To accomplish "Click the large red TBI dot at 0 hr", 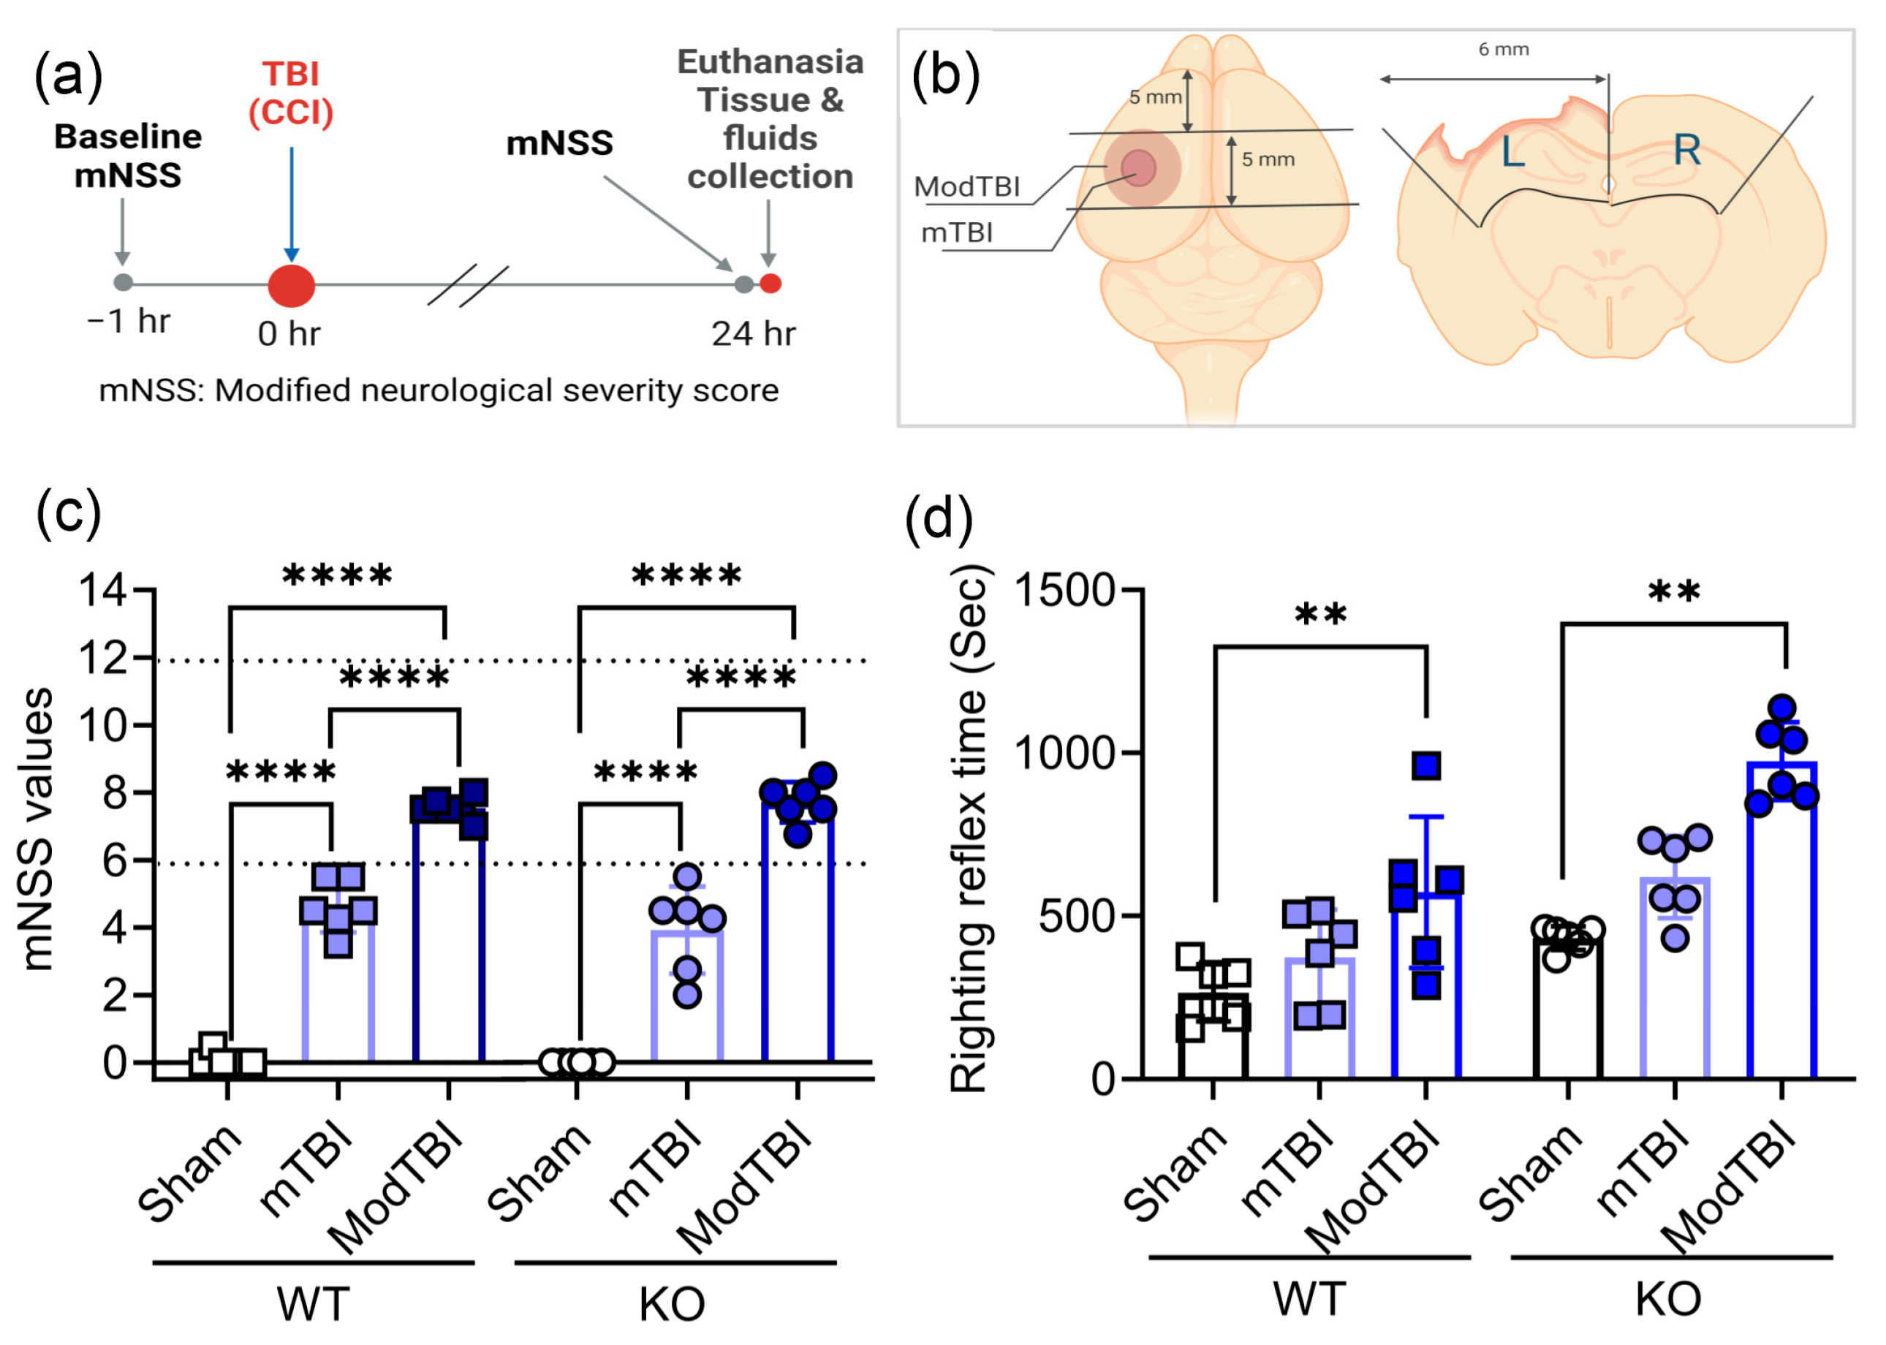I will (x=292, y=285).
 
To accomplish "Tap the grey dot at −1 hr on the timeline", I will (x=124, y=282).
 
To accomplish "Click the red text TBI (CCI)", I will (x=291, y=93).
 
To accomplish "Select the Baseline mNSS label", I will (x=129, y=156).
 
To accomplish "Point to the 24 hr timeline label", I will (x=753, y=334).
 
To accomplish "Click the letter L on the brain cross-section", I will (x=1512, y=152).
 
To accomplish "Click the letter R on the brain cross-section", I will (x=1687, y=150).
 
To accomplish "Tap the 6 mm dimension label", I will (x=1504, y=50).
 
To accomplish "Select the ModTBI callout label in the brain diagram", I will (x=966, y=187).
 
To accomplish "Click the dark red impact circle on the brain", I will (x=1138, y=167).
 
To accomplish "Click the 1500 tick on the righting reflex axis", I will (x=1065, y=591).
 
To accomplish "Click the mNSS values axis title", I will (x=38, y=828).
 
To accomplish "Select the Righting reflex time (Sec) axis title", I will (x=969, y=828).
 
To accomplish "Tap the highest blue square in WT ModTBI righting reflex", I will (x=1427, y=766).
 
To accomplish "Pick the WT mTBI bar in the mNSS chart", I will (x=338, y=994).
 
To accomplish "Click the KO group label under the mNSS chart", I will (x=672, y=1304).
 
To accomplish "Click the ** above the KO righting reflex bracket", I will (x=1674, y=592).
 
